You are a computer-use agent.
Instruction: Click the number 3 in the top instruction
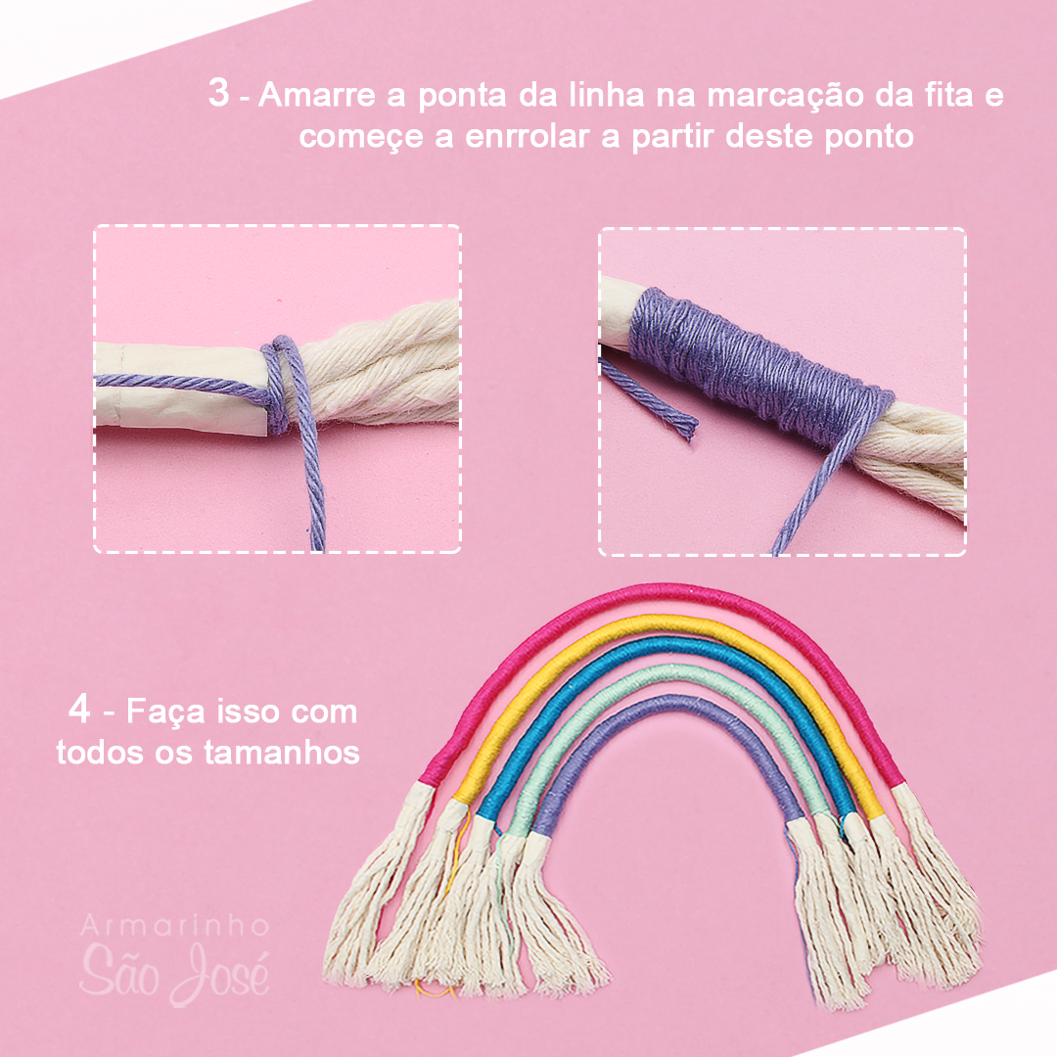tap(220, 95)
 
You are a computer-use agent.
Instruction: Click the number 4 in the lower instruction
tap(80, 710)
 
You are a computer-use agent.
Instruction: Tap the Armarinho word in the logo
tap(174, 925)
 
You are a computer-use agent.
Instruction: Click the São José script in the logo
tap(174, 969)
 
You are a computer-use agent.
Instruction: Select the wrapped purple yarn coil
tap(754, 367)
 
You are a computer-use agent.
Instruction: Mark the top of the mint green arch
tap(675, 674)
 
